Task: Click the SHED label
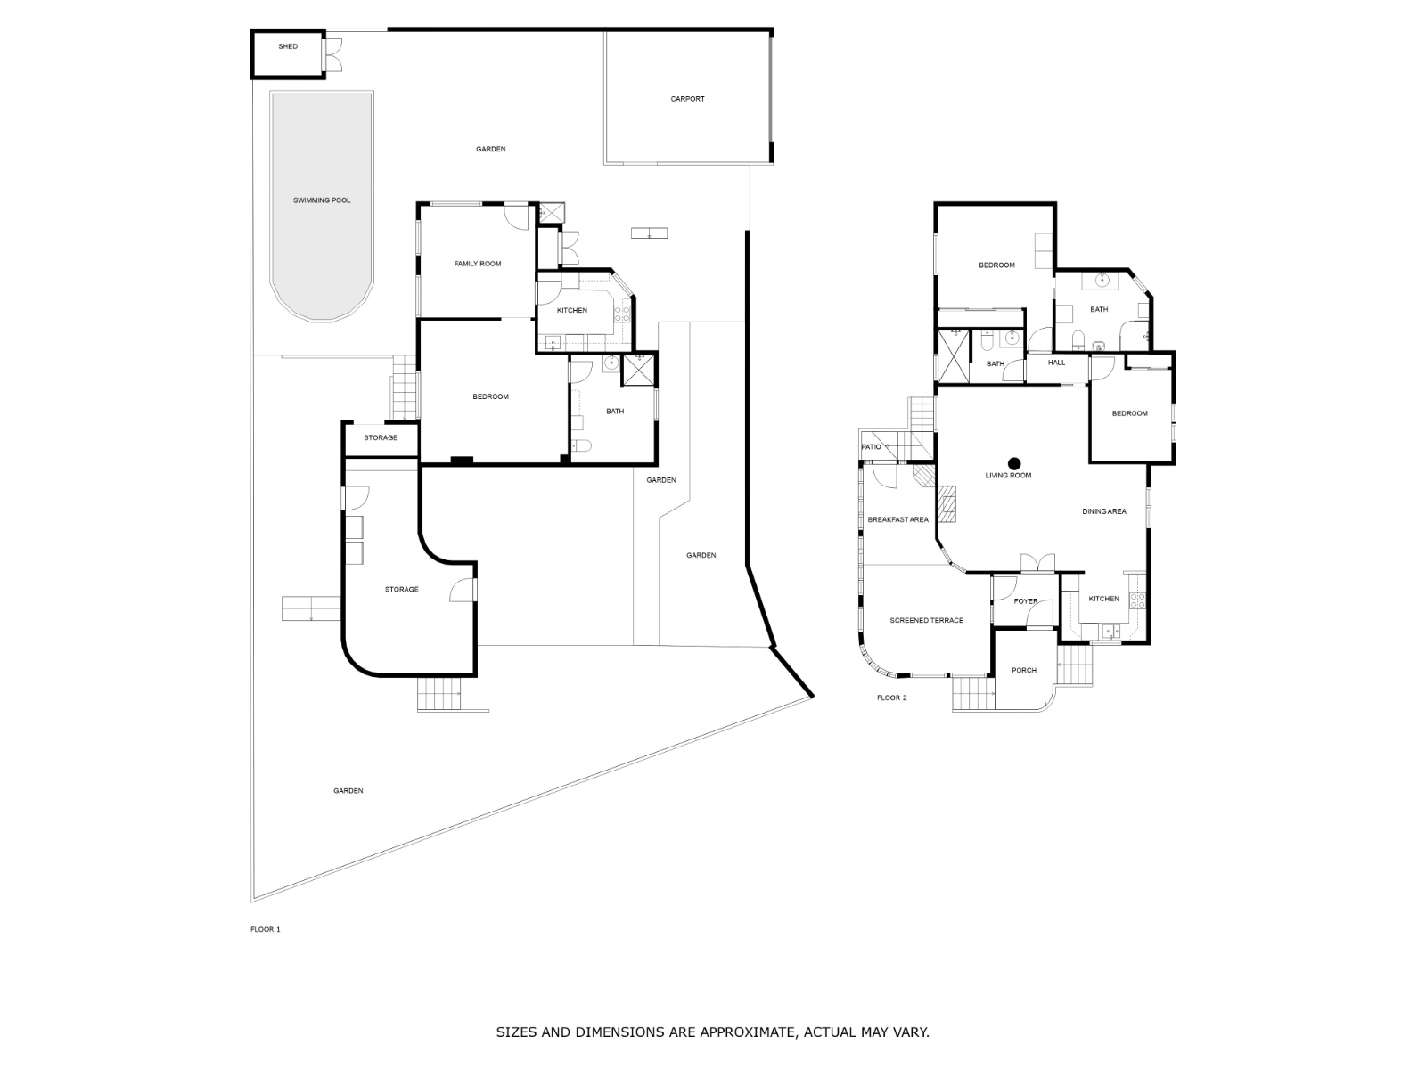click(x=288, y=46)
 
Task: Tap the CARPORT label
click(x=687, y=99)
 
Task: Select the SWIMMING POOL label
click(x=322, y=200)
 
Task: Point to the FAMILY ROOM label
click(x=478, y=265)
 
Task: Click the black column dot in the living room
click(x=1014, y=463)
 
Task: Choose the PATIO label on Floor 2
click(x=871, y=447)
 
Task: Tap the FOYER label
click(x=1026, y=601)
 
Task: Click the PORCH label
click(x=1024, y=671)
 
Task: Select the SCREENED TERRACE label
click(x=926, y=621)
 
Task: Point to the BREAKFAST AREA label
click(x=897, y=520)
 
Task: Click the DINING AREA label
click(x=1103, y=511)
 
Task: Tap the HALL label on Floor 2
click(x=1056, y=363)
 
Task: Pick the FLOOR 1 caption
click(x=265, y=929)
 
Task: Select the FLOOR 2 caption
click(x=891, y=698)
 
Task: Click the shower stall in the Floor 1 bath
click(x=639, y=370)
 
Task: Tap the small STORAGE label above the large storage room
click(x=381, y=438)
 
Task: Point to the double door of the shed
click(x=333, y=54)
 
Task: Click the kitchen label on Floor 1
click(x=571, y=311)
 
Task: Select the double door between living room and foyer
click(x=1037, y=563)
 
